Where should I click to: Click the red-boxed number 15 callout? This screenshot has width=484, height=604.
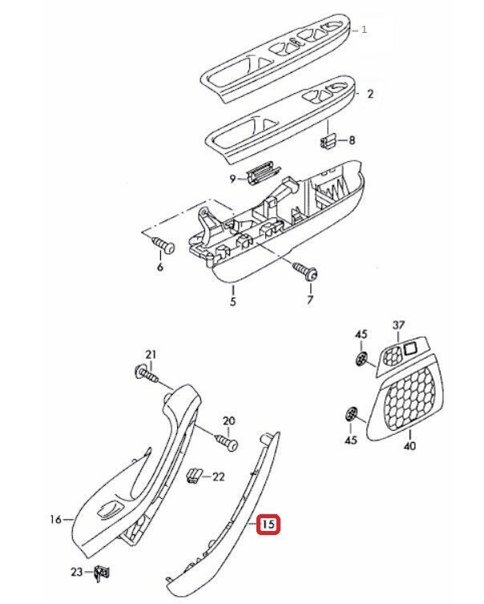tap(268, 525)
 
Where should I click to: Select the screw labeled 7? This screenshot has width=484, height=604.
tap(307, 270)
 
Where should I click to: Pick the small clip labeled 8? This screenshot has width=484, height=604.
tap(328, 142)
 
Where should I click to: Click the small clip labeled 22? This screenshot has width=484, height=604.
tap(192, 476)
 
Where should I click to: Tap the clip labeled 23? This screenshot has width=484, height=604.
tap(100, 572)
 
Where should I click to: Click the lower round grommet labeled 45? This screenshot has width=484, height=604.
tap(351, 414)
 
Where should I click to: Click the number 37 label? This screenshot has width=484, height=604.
tap(399, 325)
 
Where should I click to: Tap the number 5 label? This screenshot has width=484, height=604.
tap(232, 303)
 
